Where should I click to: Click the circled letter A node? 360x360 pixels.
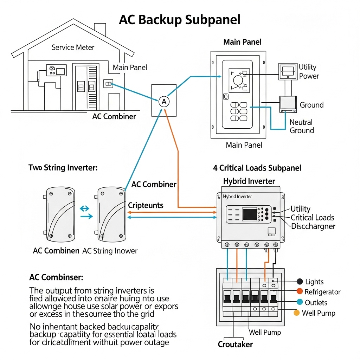[x=164, y=102]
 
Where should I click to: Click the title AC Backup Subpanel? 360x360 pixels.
[x=180, y=20]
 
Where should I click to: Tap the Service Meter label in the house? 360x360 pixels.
[x=73, y=47]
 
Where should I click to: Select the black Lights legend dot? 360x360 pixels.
[x=300, y=282]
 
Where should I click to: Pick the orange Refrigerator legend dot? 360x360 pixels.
[x=300, y=291]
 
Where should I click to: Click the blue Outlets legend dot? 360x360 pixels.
[x=300, y=302]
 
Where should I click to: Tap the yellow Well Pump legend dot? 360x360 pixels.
[x=296, y=313]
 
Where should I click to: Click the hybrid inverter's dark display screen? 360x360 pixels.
[x=250, y=214]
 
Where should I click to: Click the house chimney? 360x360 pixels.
[x=100, y=30]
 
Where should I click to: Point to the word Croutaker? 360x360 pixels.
[x=235, y=345]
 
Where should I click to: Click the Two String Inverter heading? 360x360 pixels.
[x=63, y=168]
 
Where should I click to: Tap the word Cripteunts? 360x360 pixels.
[x=146, y=205]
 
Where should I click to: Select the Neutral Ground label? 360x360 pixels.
[x=301, y=127]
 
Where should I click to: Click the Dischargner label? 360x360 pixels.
[x=313, y=226]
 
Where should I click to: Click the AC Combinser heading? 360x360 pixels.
[x=56, y=277]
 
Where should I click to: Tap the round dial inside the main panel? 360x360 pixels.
[x=238, y=80]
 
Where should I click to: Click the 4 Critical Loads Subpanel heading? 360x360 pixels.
[x=257, y=168]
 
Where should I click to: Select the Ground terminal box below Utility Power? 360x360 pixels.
[x=288, y=104]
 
